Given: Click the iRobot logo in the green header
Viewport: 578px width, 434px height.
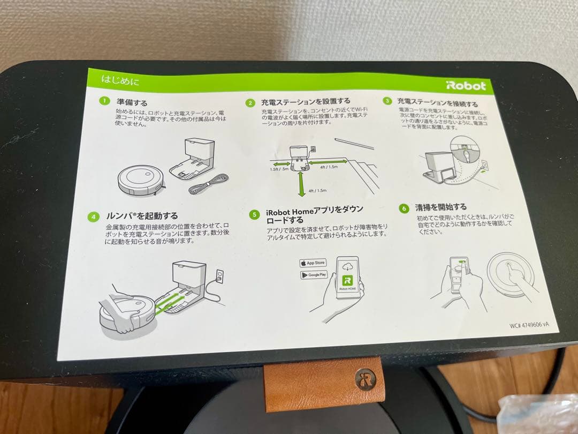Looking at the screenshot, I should [x=465, y=86].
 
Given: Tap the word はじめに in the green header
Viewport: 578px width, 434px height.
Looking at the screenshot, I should [x=120, y=81].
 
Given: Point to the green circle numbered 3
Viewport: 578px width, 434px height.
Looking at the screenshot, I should [x=387, y=101].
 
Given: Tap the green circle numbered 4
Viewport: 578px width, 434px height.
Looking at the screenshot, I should [x=94, y=216].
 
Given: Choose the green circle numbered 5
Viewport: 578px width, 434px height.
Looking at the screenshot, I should [x=254, y=214].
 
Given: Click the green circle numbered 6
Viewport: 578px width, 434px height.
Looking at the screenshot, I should [x=404, y=208].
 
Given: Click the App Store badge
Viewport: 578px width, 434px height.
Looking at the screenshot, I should [x=313, y=263].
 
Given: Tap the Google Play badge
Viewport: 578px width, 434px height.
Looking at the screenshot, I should [x=314, y=275].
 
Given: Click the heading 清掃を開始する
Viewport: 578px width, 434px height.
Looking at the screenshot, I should [x=433, y=206].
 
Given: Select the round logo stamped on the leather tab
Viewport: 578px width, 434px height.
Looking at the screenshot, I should [x=366, y=379].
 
